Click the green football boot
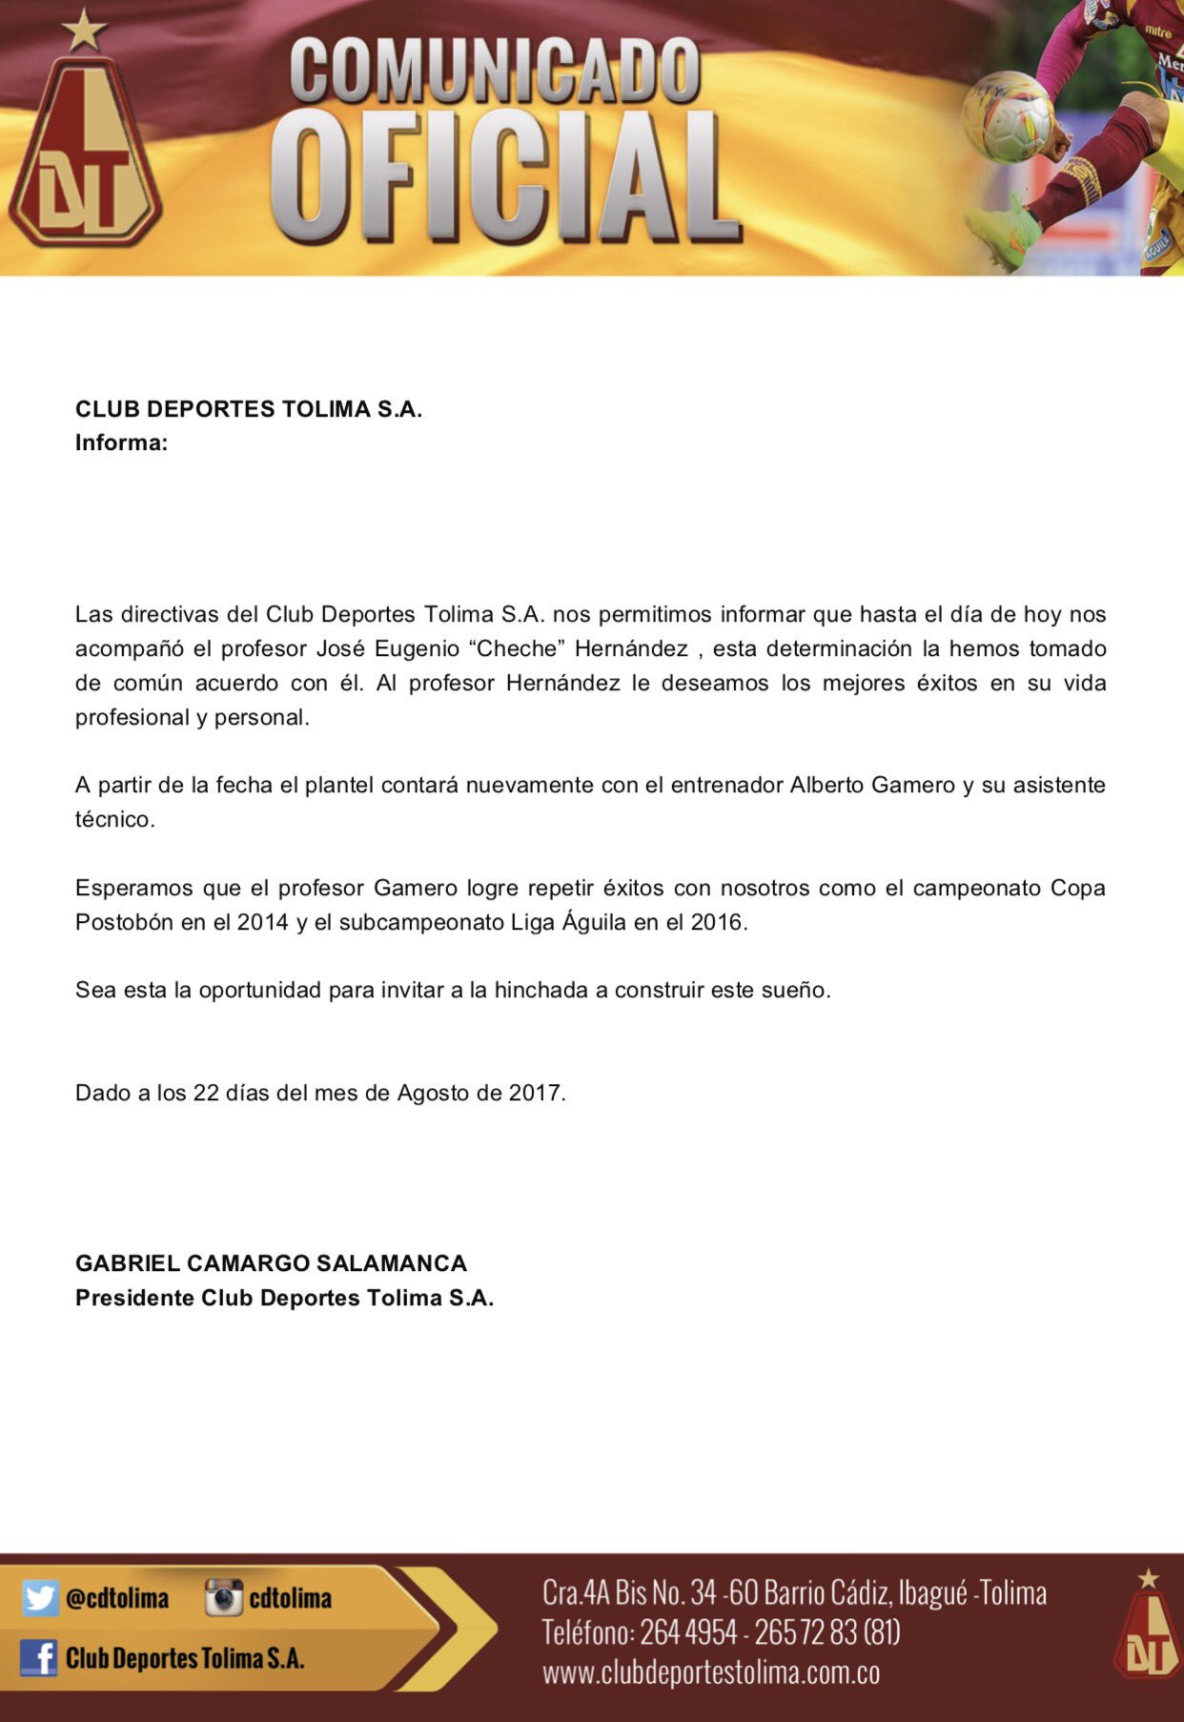[x=1002, y=228]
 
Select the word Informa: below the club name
[x=121, y=442]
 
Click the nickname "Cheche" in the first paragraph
[x=517, y=648]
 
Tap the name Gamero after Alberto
[x=918, y=785]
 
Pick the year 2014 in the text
[x=262, y=922]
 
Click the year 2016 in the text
[x=716, y=922]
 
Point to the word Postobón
[x=121, y=922]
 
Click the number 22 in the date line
[x=206, y=1093]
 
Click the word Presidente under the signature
[x=134, y=1298]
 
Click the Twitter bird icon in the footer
[x=40, y=1598]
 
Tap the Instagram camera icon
[x=224, y=1598]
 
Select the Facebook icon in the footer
[x=38, y=1658]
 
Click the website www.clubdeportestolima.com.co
[x=711, y=1671]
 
